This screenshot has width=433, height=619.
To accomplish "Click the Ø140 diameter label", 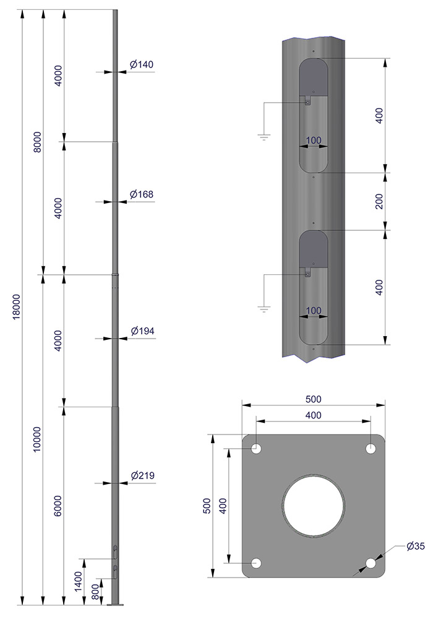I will pyautogui.click(x=142, y=64).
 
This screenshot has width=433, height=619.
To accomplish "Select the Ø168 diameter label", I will pyautogui.click(x=142, y=194).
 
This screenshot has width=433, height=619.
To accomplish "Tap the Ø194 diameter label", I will pyautogui.click(x=142, y=332).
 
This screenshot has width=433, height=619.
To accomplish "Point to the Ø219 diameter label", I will pyautogui.click(x=142, y=476).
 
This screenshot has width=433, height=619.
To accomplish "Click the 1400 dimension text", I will pyautogui.click(x=79, y=581).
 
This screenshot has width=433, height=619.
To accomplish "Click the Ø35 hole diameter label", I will pyautogui.click(x=415, y=546).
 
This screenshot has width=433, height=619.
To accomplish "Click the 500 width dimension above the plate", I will pyautogui.click(x=314, y=399).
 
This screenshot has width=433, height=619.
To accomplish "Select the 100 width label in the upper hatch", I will pyautogui.click(x=314, y=141).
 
